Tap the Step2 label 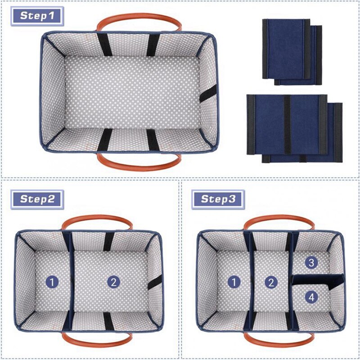(x=40, y=199)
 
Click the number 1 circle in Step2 (x=53, y=282)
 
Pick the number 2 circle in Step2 (x=113, y=282)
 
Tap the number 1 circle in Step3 (x=234, y=282)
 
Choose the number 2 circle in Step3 (x=270, y=282)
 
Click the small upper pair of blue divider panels (x=292, y=52)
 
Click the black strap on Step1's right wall (x=207, y=94)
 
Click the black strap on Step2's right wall (x=154, y=282)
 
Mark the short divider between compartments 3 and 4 (x=317, y=279)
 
